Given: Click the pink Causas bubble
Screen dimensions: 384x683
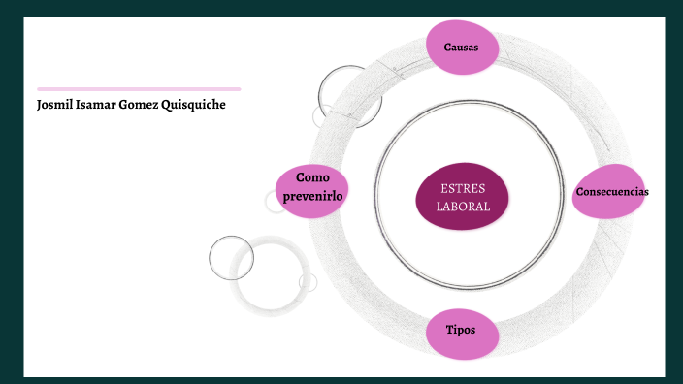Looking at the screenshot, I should tap(461, 48).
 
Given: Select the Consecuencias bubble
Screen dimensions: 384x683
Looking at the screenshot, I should tap(611, 191).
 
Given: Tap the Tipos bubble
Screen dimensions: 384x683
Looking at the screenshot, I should tap(461, 332).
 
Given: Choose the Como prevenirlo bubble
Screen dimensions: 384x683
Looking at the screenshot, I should tap(312, 187).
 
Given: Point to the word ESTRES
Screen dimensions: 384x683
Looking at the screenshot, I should tap(463, 187).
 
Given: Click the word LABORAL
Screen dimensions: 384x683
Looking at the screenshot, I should tap(463, 207).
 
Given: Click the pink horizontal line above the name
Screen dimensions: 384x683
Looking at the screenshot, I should tap(139, 88).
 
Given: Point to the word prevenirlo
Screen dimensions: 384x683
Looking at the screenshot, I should tap(312, 196).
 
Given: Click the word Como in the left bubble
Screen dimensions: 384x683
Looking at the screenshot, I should tap(313, 177).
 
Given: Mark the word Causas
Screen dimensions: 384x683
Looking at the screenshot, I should tap(461, 48).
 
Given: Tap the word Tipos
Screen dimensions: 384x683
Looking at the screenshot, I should tap(461, 330).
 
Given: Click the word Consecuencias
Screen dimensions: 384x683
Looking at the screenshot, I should tap(611, 191).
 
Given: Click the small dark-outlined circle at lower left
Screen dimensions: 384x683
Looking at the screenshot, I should tap(231, 257).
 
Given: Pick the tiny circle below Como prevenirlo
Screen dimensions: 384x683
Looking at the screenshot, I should tap(276, 202).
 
